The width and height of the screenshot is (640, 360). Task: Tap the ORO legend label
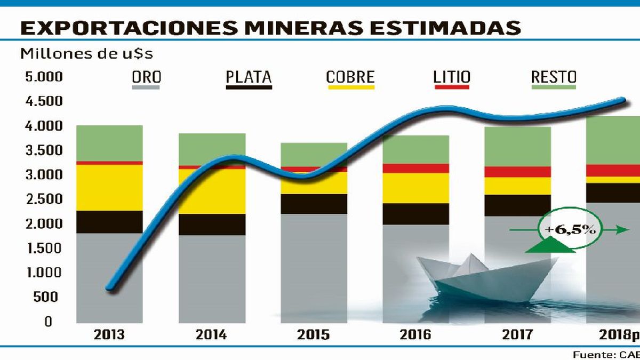(146, 77)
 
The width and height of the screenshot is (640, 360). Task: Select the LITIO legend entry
(452, 77)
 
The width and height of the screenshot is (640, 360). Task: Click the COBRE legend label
(350, 77)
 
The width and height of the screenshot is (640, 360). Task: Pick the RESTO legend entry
(554, 77)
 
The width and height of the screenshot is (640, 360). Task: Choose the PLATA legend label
(249, 77)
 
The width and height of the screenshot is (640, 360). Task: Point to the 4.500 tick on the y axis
(44, 101)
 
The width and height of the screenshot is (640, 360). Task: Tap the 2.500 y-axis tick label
(44, 199)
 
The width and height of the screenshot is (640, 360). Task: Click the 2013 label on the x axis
(109, 334)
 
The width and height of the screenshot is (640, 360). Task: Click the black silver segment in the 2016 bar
(416, 214)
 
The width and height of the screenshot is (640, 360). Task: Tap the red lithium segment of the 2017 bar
(518, 172)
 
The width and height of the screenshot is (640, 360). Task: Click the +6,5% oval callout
(570, 230)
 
